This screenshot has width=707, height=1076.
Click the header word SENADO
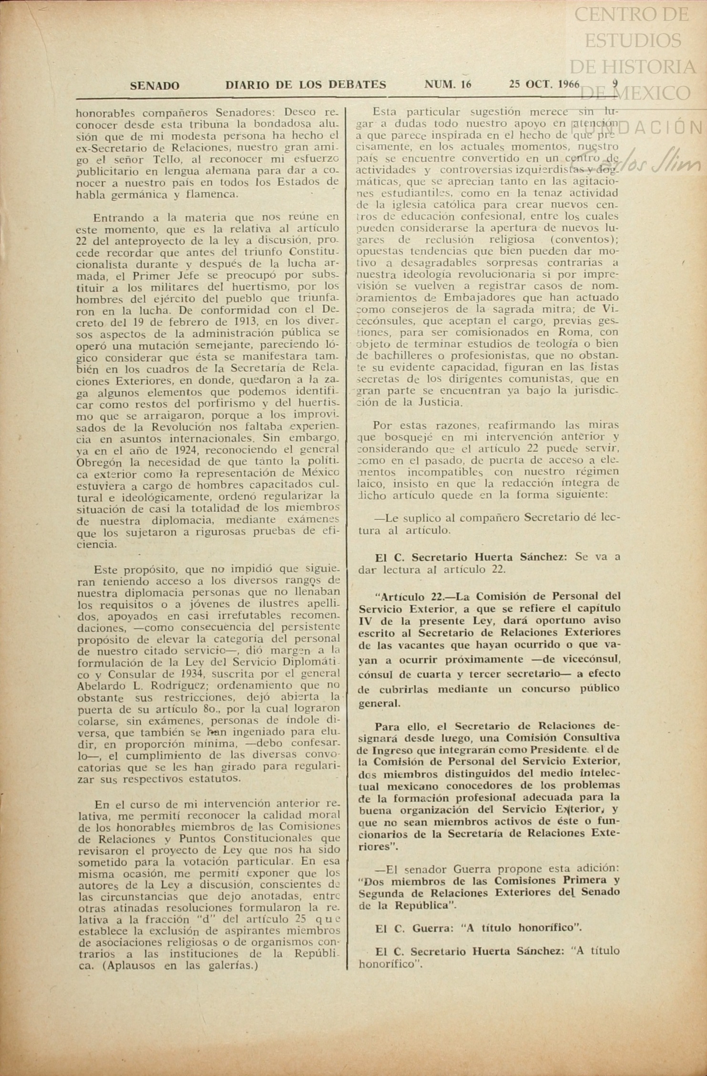(154, 86)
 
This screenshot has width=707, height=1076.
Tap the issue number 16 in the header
(466, 85)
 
